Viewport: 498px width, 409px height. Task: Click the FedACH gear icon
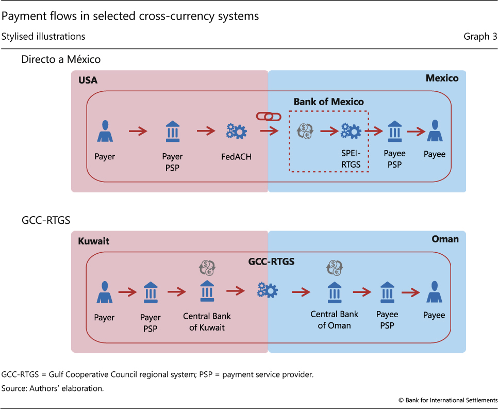coord(236,132)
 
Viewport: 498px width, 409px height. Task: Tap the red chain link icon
coord(269,117)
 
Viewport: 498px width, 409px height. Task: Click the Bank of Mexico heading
coord(328,102)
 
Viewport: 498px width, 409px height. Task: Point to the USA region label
coord(88,80)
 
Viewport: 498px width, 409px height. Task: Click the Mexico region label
coord(442,78)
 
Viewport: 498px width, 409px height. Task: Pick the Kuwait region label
coord(94,241)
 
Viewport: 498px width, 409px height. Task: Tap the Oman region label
coord(445,239)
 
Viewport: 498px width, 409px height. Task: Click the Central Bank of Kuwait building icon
coord(207,291)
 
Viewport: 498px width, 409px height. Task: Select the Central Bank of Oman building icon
coord(334,292)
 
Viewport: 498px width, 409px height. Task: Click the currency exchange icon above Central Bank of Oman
coord(335,268)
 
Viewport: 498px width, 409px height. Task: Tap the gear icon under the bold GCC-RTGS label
coord(268,291)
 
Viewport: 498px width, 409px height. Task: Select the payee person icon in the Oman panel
coord(434,292)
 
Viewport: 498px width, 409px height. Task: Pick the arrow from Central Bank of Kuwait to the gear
coord(236,291)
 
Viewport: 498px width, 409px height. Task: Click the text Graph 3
coord(480,36)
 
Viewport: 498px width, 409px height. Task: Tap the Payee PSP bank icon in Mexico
coord(395,132)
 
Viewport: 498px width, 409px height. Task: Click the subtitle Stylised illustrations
coord(43,36)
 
